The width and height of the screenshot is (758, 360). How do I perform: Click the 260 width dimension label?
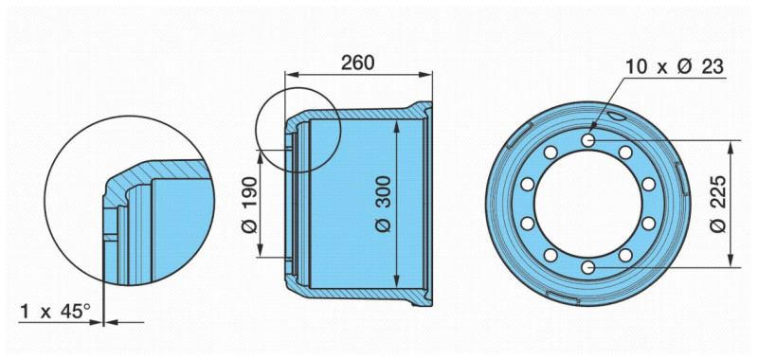click(x=358, y=63)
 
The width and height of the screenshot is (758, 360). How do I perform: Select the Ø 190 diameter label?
click(x=249, y=205)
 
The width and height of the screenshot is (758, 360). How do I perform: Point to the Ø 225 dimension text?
click(x=719, y=204)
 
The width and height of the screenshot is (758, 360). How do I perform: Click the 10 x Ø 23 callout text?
click(x=675, y=66)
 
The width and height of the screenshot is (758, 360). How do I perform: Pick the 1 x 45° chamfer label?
click(x=55, y=311)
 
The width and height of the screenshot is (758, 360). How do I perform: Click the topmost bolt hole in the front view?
click(x=587, y=140)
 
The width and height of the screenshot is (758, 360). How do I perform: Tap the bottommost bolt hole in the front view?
click(x=587, y=267)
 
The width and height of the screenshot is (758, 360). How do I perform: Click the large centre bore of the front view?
click(x=587, y=204)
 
